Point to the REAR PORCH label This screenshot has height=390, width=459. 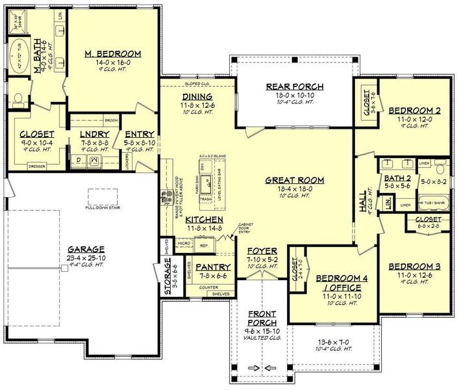[x=295, y=86]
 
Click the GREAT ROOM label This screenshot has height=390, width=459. [x=294, y=180]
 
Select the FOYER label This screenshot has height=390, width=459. [x=262, y=250]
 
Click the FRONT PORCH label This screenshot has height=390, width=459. [x=262, y=317]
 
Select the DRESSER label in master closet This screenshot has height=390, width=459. [x=37, y=166]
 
